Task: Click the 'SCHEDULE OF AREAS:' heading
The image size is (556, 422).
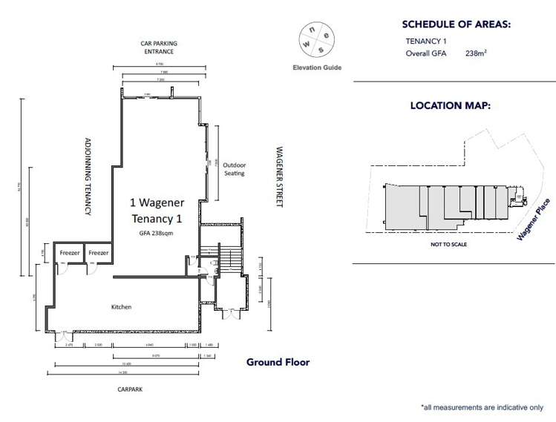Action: click(x=456, y=24)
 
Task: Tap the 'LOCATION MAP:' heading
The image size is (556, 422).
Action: click(x=450, y=106)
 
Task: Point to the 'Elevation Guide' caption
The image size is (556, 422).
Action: click(x=317, y=67)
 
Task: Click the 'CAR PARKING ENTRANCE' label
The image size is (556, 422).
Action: click(x=157, y=47)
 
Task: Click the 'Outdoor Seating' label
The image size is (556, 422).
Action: click(x=234, y=168)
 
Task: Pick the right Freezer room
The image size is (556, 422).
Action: click(x=98, y=253)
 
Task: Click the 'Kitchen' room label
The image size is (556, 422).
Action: click(x=121, y=306)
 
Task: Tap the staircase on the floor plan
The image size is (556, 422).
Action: click(x=230, y=260)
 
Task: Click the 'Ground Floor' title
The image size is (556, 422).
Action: click(x=278, y=362)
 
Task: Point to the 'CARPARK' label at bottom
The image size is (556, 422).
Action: click(x=129, y=387)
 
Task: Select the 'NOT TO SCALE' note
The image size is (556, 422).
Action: click(x=448, y=244)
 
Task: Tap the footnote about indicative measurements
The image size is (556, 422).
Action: click(x=482, y=407)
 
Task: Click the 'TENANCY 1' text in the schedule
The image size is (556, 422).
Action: click(x=426, y=42)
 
